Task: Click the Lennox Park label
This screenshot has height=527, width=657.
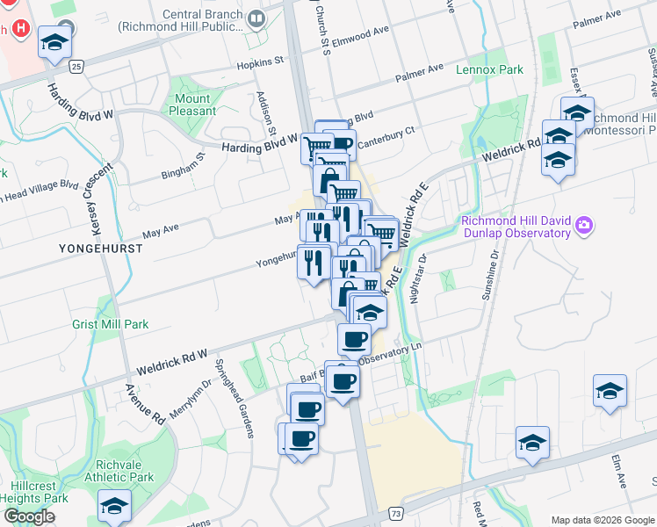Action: coord(489,69)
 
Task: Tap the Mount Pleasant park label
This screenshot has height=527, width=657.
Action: coord(193,105)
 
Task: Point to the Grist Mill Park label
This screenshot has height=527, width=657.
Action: coord(111,324)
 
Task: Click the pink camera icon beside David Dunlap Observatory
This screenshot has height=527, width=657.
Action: coord(584,227)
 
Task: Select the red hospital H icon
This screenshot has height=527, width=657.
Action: coord(21,28)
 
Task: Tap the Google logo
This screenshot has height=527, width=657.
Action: coord(29,516)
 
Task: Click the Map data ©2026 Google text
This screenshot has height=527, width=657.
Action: coord(602,520)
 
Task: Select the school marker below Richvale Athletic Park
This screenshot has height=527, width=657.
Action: coord(114,507)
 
